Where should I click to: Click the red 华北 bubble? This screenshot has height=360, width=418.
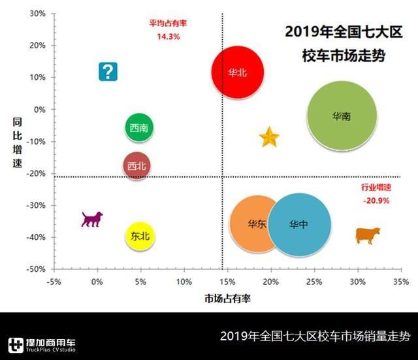click(x=238, y=72)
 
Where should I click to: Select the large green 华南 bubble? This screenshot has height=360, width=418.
click(x=342, y=116)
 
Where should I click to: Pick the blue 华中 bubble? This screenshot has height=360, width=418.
click(x=299, y=224)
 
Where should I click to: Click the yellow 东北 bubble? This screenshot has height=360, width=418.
click(x=140, y=236)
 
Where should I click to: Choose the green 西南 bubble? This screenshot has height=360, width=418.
click(x=139, y=127)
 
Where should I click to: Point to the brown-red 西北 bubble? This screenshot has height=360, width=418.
click(x=138, y=165)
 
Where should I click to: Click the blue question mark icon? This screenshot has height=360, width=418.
click(x=108, y=71)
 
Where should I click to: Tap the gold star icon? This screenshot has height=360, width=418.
click(x=269, y=138)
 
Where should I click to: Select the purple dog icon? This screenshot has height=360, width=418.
click(x=91, y=219)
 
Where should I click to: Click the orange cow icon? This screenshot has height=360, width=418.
click(x=367, y=235)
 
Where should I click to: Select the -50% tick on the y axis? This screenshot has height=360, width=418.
click(x=35, y=269)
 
